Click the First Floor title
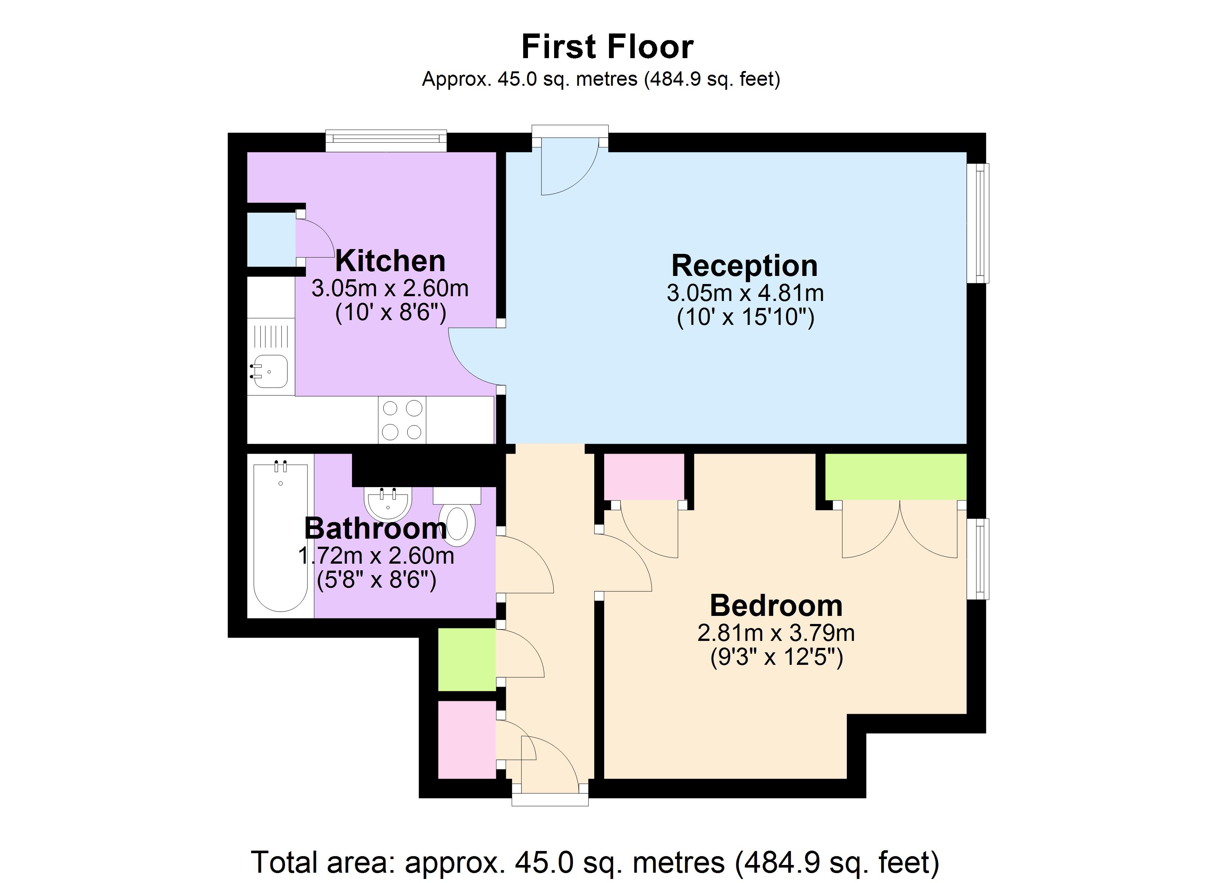(607, 47)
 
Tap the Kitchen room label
(390, 261)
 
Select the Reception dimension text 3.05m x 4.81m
(744, 293)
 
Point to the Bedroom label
(776, 606)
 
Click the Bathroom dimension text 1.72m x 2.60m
(376, 556)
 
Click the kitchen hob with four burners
(402, 421)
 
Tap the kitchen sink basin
(271, 371)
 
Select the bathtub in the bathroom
(280, 537)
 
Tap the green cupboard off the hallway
(466, 660)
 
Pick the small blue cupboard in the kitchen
(271, 240)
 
